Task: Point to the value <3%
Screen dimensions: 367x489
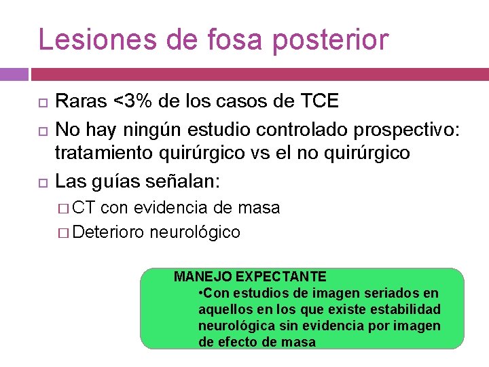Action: [x=134, y=102]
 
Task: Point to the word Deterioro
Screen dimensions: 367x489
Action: [x=109, y=232]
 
